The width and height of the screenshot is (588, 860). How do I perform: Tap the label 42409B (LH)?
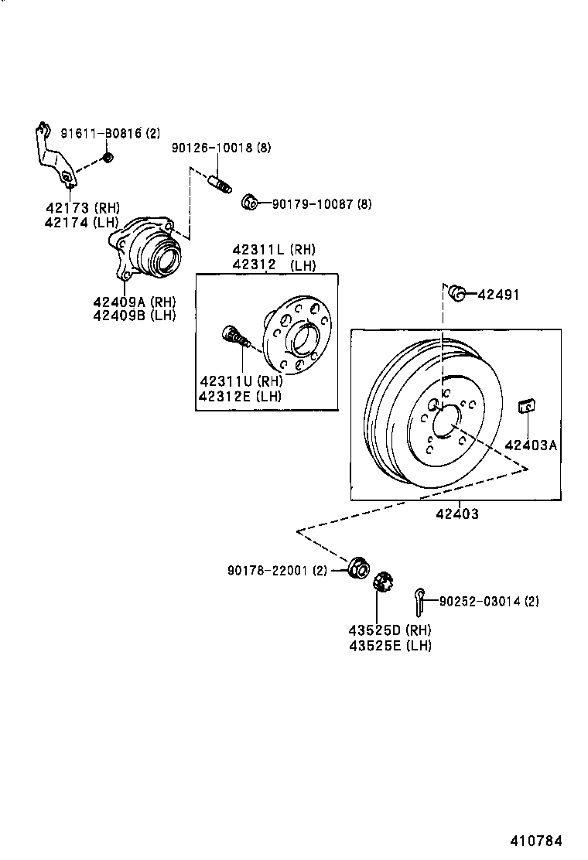(x=134, y=315)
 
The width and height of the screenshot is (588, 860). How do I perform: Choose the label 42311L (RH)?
(x=274, y=250)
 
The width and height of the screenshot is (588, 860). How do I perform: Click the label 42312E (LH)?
(x=240, y=396)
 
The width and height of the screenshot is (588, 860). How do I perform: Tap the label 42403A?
(x=531, y=445)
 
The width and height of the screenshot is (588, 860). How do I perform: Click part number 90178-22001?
(x=268, y=571)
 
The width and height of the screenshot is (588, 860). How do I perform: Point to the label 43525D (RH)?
(x=390, y=630)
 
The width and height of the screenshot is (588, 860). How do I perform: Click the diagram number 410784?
(x=535, y=841)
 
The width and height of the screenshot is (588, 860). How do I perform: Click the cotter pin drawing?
(x=419, y=597)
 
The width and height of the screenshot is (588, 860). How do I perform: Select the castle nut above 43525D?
(x=381, y=582)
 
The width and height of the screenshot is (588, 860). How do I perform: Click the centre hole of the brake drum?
(x=444, y=423)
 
